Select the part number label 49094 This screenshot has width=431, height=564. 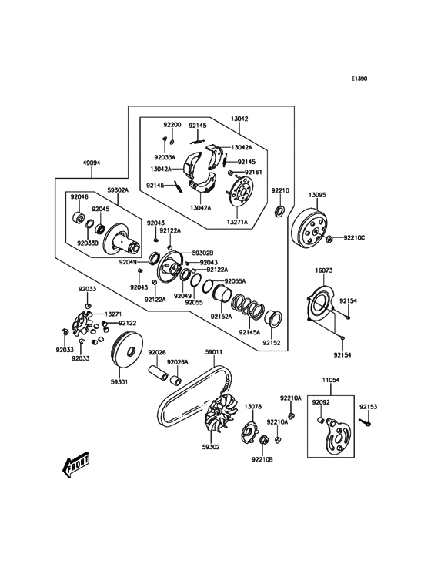tap(92, 163)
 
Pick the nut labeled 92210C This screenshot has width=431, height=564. tap(329, 239)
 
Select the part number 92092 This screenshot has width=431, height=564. tap(321, 402)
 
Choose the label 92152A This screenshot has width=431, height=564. tap(222, 316)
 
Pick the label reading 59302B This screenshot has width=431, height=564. tap(203, 253)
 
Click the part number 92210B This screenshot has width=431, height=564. tap(262, 459)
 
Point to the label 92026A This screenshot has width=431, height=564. tap(179, 362)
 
